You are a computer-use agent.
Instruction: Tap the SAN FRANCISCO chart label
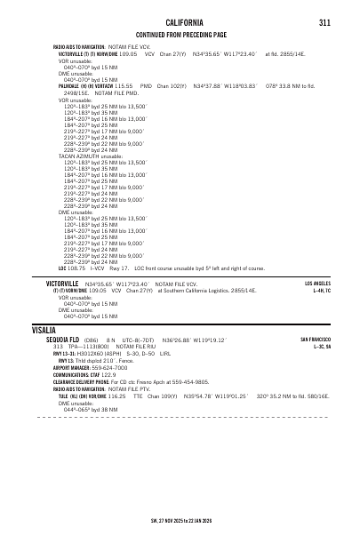pyautogui.click(x=316, y=340)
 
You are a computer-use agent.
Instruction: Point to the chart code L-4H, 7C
pyautogui.click(x=322, y=290)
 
